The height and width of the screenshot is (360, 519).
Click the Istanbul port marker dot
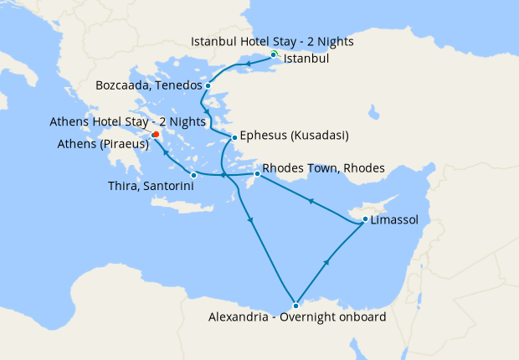(273, 54)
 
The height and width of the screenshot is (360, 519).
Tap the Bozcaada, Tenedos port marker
(208, 85)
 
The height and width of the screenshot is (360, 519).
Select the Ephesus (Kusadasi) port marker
(234, 136)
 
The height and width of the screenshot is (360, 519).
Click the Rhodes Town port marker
(257, 173)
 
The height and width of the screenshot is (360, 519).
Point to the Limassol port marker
(365, 220)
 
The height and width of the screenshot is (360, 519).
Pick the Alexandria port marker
(295, 305)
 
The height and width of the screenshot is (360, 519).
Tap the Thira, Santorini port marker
(193, 175)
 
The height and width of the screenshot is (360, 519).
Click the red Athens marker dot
(156, 135)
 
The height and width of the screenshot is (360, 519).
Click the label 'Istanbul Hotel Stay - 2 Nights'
(273, 41)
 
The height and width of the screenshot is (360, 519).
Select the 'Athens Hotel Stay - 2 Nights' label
(128, 121)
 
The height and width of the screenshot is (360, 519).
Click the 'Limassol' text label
(395, 221)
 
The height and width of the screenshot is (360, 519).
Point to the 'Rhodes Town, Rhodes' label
(323, 168)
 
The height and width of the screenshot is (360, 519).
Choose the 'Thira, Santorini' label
(152, 185)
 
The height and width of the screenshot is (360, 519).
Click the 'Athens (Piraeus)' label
(103, 144)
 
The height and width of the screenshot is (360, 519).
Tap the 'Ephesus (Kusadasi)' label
(294, 136)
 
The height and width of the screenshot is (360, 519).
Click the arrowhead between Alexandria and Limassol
(326, 263)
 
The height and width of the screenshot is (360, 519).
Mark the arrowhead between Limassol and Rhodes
(311, 201)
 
